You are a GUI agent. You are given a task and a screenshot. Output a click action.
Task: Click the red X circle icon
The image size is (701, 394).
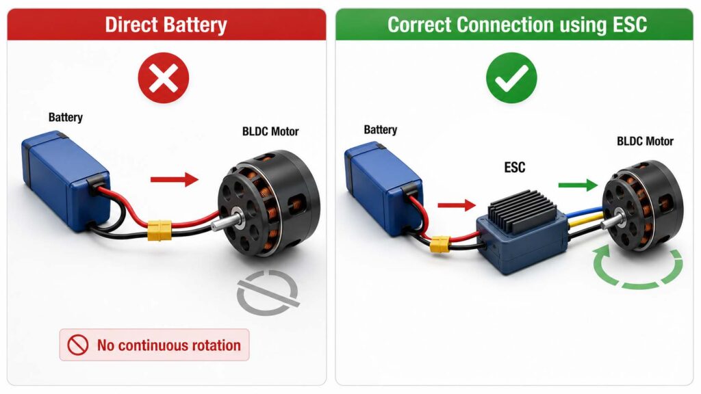[x=164, y=78]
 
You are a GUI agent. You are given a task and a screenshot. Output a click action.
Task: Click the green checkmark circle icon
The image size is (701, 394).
[x=511, y=78]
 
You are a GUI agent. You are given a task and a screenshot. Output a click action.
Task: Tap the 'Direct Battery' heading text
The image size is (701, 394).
[x=166, y=25]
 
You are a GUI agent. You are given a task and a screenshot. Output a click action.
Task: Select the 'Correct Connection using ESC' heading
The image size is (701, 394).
[x=518, y=25]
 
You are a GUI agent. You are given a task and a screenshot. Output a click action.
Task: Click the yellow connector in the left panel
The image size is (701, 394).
[x=160, y=230]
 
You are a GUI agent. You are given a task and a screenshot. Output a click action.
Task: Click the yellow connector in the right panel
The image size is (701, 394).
[x=440, y=244]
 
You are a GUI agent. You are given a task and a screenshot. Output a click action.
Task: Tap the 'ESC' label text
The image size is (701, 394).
[x=515, y=168]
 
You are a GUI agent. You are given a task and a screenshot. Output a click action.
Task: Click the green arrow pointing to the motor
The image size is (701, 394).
[x=578, y=185]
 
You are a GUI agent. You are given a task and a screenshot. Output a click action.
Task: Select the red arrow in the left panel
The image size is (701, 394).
[x=175, y=180]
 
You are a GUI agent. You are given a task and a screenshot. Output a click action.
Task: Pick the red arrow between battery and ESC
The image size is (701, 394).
[x=457, y=205]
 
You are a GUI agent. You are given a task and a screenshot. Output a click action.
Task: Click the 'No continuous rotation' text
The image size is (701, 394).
[x=169, y=345]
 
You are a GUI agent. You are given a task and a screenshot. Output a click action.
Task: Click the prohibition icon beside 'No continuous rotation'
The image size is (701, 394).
[x=78, y=345]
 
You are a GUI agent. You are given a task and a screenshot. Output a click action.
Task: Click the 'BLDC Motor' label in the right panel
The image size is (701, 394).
[x=645, y=142]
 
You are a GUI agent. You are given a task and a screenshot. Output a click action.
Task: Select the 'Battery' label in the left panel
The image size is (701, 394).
[x=65, y=118]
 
